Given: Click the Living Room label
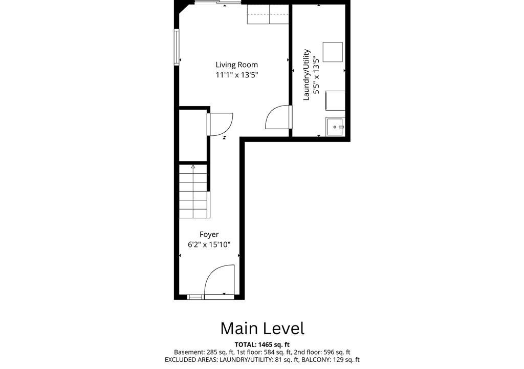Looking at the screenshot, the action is point(236,65).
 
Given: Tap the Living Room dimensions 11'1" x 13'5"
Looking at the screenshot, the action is point(237,75).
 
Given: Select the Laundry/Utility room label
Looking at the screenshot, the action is point(307,75).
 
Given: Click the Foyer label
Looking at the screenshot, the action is point(209,234).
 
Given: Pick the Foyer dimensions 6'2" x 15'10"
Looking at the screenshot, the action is point(209,245).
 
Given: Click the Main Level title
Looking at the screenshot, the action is point(263,329).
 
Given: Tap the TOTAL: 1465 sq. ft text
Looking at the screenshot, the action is point(262,344).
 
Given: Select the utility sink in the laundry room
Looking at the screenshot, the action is point(335,127).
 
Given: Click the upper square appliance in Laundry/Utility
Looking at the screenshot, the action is point(333,52).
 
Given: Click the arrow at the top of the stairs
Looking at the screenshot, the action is point(193,167).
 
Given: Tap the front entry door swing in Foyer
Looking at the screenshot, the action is point(220,281).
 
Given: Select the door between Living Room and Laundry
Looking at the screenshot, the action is point(278,117).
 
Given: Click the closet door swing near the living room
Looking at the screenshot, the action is point(220,124).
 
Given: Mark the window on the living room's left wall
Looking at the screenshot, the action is point(177,47).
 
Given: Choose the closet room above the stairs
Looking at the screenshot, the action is point(193,135).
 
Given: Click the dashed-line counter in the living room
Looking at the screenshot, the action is point(268,14).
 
